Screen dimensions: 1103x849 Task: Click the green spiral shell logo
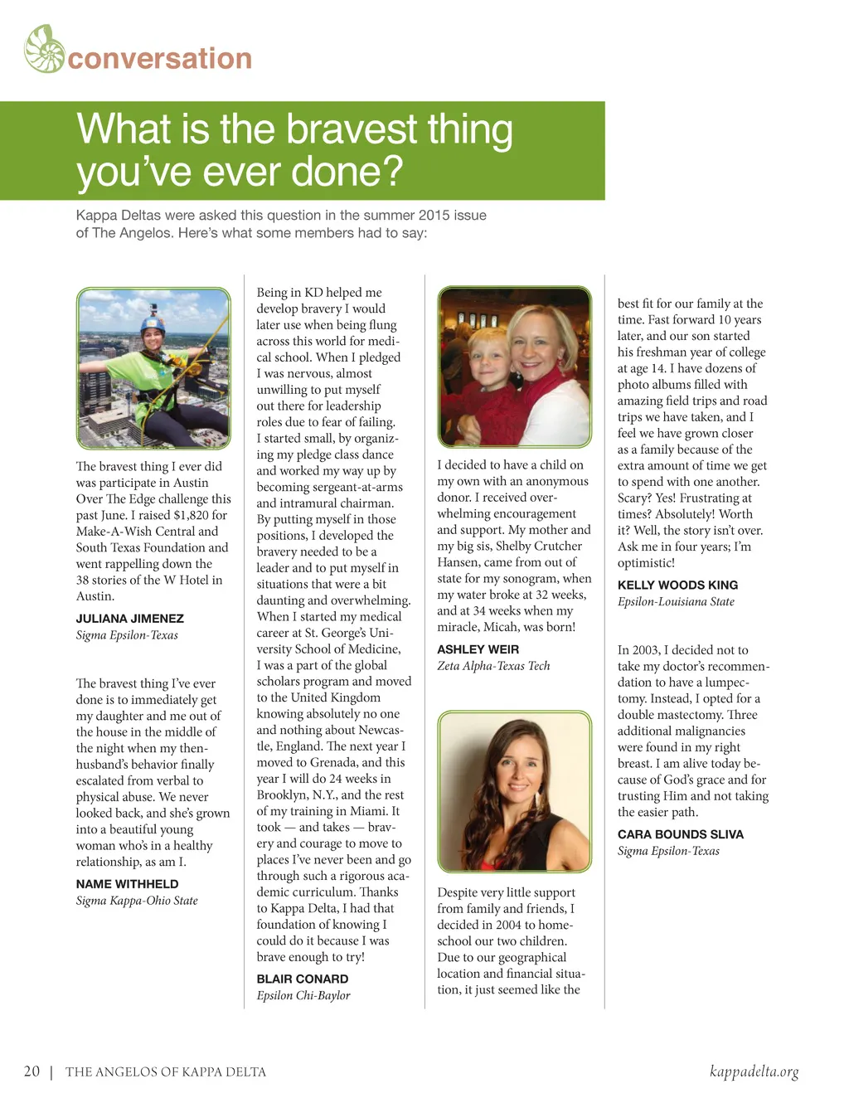tap(45, 49)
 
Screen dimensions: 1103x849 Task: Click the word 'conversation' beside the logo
tap(160, 59)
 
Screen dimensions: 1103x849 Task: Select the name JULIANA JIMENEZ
tap(130, 619)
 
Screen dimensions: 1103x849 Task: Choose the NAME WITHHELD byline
tap(127, 884)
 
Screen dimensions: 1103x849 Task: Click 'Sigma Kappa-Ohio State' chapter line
tap(137, 901)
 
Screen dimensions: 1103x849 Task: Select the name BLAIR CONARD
tap(303, 979)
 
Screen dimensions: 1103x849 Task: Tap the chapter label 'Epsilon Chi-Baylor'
tap(303, 995)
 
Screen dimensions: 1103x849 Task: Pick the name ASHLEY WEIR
tap(478, 649)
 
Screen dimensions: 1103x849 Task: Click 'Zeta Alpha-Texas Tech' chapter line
tap(493, 666)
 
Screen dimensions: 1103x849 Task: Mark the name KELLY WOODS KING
tap(677, 586)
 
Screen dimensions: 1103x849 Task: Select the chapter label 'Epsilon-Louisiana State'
tap(676, 602)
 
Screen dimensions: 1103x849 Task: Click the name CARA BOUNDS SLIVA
tap(681, 834)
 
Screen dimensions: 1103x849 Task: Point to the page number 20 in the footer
tap(32, 1071)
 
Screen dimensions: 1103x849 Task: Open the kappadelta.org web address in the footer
tap(754, 1071)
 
